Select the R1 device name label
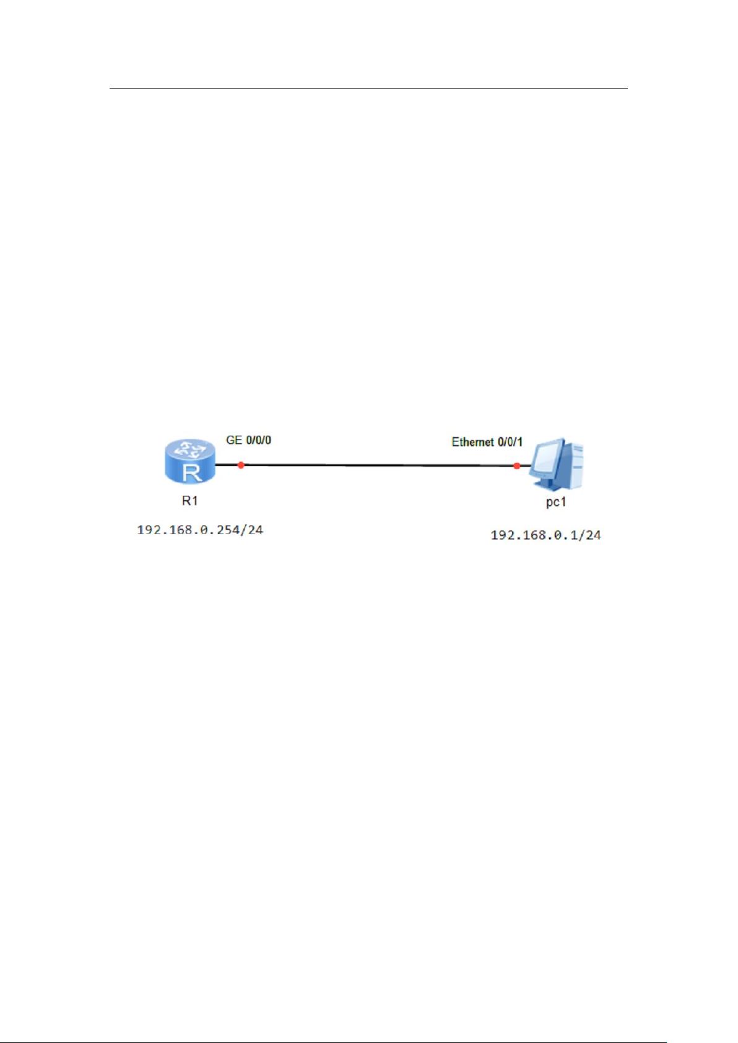point(190,501)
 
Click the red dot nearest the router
point(241,465)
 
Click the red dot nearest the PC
point(516,465)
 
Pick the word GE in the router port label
point(234,440)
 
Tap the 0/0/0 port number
point(258,440)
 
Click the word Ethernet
point(472,443)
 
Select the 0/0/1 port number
point(510,443)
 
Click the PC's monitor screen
point(547,459)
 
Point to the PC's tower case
point(574,465)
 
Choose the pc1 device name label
point(556,503)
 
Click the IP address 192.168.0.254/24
point(200,530)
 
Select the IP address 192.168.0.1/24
point(545,535)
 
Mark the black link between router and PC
point(373,465)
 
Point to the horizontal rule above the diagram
point(369,88)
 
